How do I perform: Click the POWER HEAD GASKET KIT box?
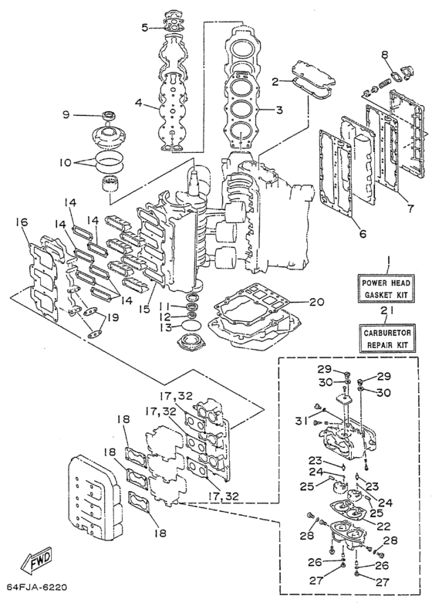pos(386,288)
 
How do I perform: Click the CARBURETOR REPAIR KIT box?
pos(387,338)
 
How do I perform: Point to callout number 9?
pos(66,115)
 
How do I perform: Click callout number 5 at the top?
pos(145,28)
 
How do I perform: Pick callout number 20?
pos(316,302)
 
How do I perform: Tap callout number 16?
pos(22,222)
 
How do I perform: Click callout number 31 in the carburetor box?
pos(302,421)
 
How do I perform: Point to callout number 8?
pos(385,55)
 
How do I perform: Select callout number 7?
pos(410,208)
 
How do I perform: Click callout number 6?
pos(363,233)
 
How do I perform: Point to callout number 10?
pos(66,163)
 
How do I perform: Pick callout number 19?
pos(113,318)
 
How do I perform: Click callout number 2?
pos(275,82)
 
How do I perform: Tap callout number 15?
pos(144,310)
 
